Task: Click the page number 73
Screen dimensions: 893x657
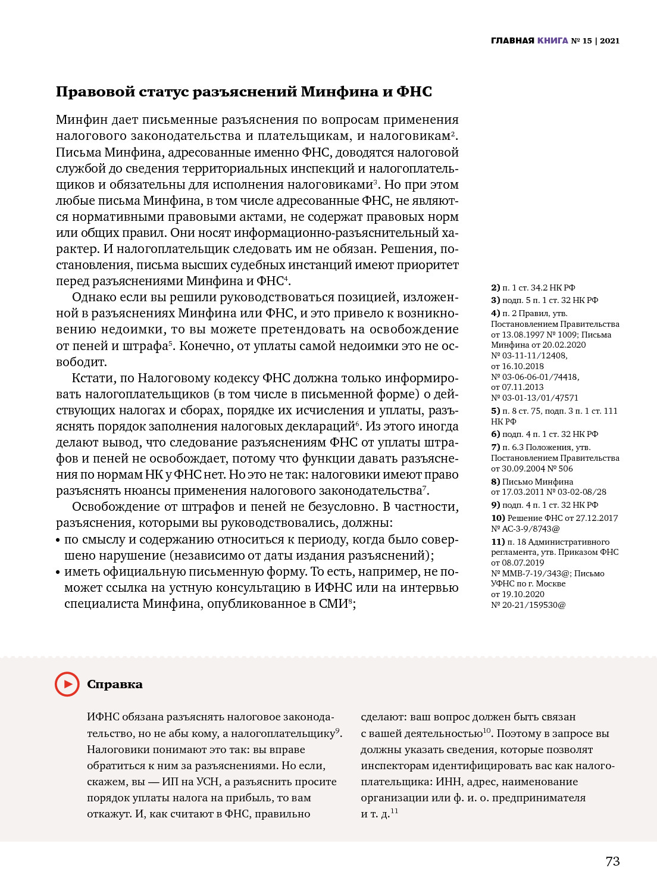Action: [x=612, y=861]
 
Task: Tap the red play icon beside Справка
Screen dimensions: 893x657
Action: [x=67, y=684]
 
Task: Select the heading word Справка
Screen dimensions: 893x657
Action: [x=115, y=684]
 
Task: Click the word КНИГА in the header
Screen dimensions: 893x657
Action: [x=552, y=40]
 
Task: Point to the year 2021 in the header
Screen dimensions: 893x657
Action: [x=609, y=40]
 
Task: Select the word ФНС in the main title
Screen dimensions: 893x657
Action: [x=414, y=92]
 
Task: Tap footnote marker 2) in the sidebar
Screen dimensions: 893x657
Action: [x=495, y=288]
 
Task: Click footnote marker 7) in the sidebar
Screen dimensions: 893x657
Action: [x=495, y=447]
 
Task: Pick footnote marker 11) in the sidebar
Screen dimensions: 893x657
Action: [x=498, y=542]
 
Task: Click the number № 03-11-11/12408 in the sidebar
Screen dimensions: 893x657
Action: [x=528, y=355]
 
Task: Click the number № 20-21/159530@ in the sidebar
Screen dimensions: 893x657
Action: [x=528, y=605]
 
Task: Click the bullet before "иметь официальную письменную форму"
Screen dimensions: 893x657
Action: [x=58, y=572]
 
